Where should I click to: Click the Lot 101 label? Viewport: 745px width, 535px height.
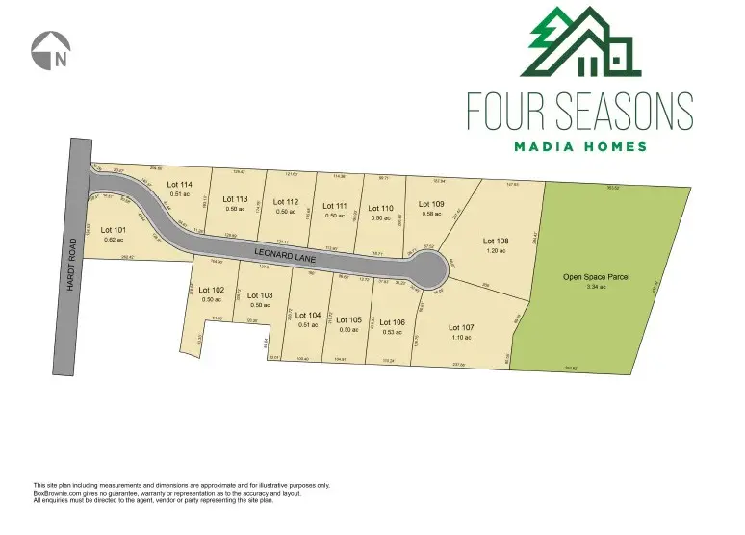tap(114, 230)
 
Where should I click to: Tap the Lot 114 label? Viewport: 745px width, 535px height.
tap(180, 184)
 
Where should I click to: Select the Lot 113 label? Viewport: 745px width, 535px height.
tap(236, 199)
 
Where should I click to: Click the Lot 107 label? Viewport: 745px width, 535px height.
tap(462, 327)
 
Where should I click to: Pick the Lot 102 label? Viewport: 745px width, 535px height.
tap(212, 290)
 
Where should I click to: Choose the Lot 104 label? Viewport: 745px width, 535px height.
tap(308, 315)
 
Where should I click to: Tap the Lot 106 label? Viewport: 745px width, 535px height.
tap(392, 322)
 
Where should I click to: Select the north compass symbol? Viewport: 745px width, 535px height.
tap(52, 51)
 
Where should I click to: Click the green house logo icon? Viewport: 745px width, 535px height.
tap(579, 42)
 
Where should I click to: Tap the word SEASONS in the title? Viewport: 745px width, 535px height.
tap(626, 112)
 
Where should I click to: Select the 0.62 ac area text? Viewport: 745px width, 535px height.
tap(114, 240)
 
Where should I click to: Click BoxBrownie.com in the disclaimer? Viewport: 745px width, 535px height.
tap(57, 494)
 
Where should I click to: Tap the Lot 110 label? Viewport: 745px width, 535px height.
tap(381, 208)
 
